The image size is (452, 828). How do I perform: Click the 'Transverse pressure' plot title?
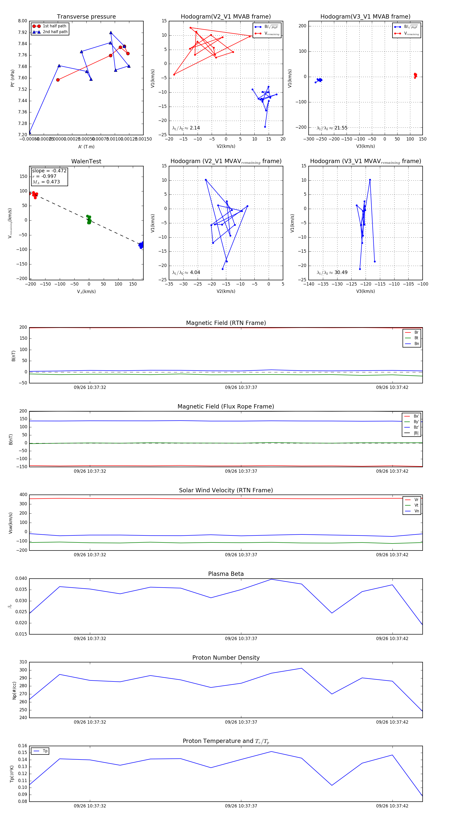click(x=86, y=17)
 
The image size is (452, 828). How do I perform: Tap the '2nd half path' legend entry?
click(x=55, y=32)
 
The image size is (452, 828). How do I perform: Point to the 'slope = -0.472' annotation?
click(x=49, y=171)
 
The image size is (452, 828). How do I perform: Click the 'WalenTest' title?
click(x=86, y=161)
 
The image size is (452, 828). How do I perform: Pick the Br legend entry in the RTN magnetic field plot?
click(x=416, y=332)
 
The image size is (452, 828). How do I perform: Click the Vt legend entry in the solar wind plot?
click(x=416, y=505)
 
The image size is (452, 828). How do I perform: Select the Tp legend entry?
click(x=45, y=751)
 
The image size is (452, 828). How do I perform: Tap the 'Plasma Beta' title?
click(x=226, y=574)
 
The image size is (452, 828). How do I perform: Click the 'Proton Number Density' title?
click(x=226, y=657)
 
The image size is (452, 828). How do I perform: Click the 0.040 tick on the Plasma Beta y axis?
click(x=21, y=578)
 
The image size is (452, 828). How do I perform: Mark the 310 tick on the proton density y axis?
click(x=23, y=662)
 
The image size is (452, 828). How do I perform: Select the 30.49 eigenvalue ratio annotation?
click(x=341, y=272)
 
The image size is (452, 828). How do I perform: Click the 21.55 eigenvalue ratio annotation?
click(x=341, y=128)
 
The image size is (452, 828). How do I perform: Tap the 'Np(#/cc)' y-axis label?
click(x=14, y=691)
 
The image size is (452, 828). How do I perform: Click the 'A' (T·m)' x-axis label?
click(x=86, y=147)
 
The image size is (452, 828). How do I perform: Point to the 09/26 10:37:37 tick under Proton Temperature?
click(x=241, y=806)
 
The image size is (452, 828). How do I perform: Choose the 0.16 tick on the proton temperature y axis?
click(x=23, y=746)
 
